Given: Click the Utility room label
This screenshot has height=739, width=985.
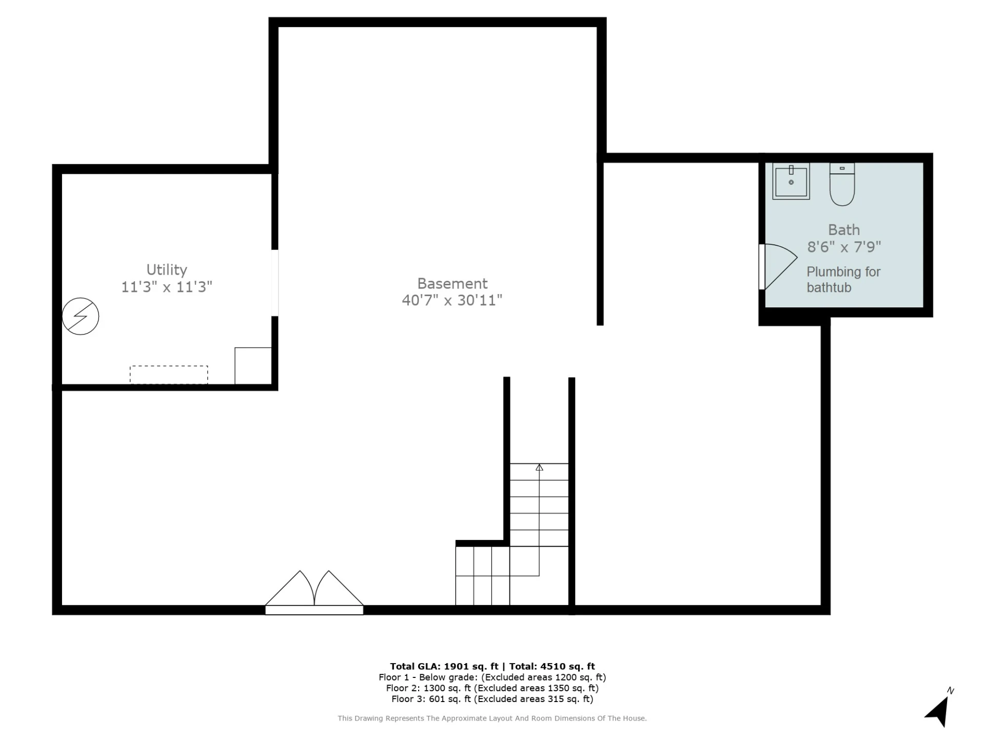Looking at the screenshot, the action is click(167, 269).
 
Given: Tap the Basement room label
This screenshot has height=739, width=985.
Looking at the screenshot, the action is click(452, 283).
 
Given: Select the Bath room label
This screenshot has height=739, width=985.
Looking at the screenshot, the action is click(844, 230).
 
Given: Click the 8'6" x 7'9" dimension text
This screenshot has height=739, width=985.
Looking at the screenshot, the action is click(844, 247).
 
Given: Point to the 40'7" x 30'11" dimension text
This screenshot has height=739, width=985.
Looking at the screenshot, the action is click(452, 300).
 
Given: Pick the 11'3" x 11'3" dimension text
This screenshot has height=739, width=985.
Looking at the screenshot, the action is click(167, 286).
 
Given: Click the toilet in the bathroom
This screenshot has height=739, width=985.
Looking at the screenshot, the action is click(842, 184).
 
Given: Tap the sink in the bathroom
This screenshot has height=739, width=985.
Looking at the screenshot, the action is click(791, 181).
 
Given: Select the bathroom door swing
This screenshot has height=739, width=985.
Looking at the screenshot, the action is click(779, 266).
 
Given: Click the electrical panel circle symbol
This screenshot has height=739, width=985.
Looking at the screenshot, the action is click(81, 316).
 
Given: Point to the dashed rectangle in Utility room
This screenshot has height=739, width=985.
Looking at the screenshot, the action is click(169, 375).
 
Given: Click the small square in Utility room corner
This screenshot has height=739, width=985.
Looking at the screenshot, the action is click(253, 366).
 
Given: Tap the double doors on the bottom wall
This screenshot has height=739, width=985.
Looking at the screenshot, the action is click(314, 593).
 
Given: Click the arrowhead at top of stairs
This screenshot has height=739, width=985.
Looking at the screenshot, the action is click(539, 467).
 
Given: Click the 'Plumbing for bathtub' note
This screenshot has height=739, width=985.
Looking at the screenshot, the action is click(843, 280).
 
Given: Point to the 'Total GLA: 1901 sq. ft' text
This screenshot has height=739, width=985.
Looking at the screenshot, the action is click(444, 666).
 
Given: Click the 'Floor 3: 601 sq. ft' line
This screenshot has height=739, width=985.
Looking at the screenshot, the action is click(431, 699).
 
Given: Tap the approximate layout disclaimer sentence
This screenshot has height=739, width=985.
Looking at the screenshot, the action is click(493, 718).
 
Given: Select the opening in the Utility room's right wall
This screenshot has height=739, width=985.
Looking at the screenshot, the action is click(275, 283).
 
